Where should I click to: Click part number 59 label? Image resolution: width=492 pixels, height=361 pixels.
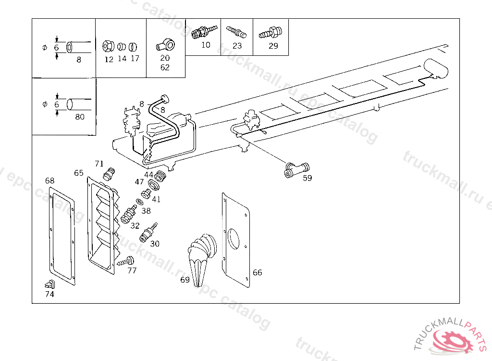tap(307, 178)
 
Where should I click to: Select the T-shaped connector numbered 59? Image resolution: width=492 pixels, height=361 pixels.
tap(296, 170)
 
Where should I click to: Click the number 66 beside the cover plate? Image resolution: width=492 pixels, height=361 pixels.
tap(258, 272)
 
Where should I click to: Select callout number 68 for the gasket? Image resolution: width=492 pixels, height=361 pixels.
tap(50, 180)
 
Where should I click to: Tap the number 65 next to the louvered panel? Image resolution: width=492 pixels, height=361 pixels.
tap(79, 173)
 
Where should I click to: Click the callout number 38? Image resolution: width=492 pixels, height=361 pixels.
tap(146, 210)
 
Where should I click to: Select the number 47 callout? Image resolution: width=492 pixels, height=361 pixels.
tap(139, 181)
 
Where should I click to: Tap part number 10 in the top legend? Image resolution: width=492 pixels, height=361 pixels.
tap(206, 45)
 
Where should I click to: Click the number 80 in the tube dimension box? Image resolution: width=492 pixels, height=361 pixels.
tap(79, 116)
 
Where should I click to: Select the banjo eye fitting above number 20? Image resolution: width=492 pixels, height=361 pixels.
tap(165, 45)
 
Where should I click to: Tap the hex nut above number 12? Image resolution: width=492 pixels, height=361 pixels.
tap(108, 47)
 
